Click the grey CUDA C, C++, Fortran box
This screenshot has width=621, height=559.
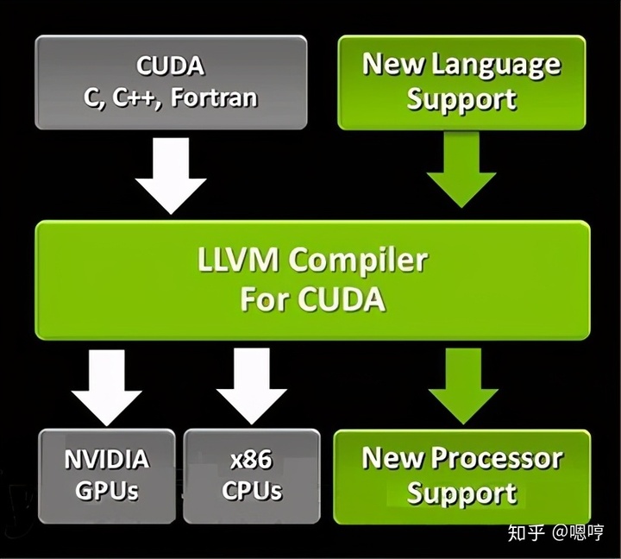click(171, 82)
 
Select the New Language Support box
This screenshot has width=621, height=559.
click(461, 82)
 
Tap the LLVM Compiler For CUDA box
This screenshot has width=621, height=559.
click(312, 279)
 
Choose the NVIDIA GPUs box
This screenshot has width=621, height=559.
click(107, 474)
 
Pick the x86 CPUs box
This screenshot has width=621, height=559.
click(252, 474)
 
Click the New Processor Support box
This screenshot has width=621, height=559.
click(461, 475)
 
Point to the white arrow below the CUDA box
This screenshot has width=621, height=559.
click(171, 175)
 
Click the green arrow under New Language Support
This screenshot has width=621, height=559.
click(461, 171)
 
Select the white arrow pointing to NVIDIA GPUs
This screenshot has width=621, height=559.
click(106, 386)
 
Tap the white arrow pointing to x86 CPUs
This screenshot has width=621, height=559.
click(251, 386)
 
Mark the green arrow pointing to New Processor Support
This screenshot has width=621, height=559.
click(461, 386)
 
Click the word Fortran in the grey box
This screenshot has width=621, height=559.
click(214, 97)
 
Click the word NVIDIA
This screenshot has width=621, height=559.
click(107, 458)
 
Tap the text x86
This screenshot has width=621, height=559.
click(252, 458)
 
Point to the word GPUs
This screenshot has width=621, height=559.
click(107, 491)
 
